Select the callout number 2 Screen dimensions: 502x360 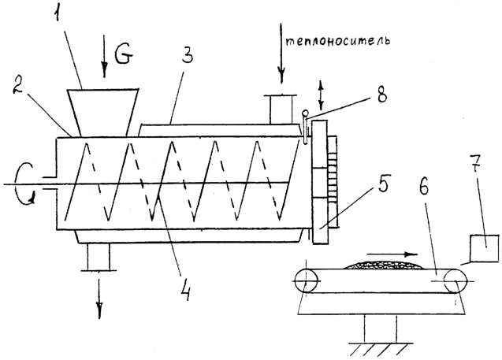pyautogui.click(x=17, y=84)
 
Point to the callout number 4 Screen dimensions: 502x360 pyautogui.click(x=186, y=290)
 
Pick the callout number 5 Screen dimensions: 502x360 pyautogui.click(x=382, y=183)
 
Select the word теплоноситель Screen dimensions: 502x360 pyautogui.click(x=337, y=41)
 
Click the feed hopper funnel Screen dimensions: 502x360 pyautogui.click(x=103, y=112)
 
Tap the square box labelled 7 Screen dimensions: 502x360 pyautogui.click(x=485, y=248)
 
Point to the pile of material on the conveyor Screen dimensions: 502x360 pyautogui.click(x=384, y=265)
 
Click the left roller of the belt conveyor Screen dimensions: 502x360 pyautogui.click(x=306, y=280)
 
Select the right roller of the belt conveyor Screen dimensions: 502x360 pyautogui.click(x=455, y=280)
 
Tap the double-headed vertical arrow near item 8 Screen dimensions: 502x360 pyautogui.click(x=321, y=95)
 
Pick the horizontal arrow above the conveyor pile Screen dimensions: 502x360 pyautogui.click(x=392, y=254)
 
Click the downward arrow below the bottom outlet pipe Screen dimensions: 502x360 pyautogui.click(x=100, y=299)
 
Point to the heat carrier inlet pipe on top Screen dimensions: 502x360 pyautogui.click(x=281, y=109)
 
